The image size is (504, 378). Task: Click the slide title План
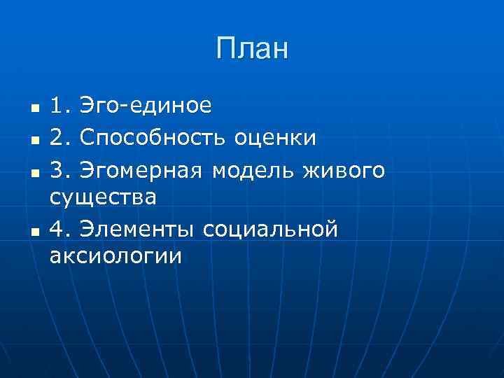(252, 49)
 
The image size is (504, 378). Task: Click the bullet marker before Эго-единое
(34, 109)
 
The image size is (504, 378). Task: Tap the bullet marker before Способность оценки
(34, 140)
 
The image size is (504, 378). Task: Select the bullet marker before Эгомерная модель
(34, 171)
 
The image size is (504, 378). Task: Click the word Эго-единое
(145, 106)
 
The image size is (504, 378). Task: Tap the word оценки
(274, 137)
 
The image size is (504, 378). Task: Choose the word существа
(103, 197)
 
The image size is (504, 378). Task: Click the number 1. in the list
(60, 106)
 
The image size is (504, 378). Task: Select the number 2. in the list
(60, 137)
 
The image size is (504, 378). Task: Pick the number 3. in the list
(60, 168)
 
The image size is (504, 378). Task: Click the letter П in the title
(226, 49)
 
